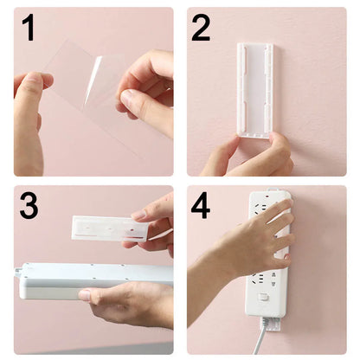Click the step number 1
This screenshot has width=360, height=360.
coord(29,28)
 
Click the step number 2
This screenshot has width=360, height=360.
coord(201,28)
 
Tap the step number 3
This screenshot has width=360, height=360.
coord(29,206)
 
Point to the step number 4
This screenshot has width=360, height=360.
coord(201,206)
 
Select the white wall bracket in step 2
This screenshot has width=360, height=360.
coord(254,89)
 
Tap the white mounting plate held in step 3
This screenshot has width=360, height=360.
coord(107,228)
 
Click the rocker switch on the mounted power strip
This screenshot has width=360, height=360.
coord(262,297)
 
